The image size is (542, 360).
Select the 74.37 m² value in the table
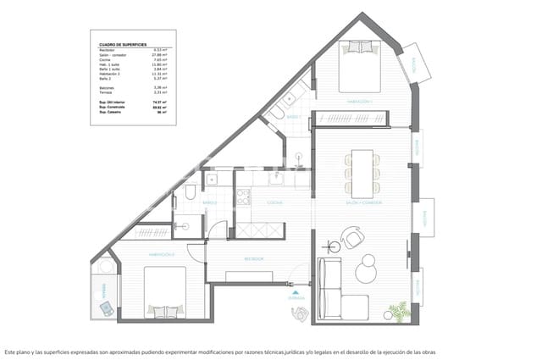pos(157,100)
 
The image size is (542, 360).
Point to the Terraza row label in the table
pos(107,91)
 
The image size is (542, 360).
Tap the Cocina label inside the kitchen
pos(275,203)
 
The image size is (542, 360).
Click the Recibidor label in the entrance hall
pos(255,258)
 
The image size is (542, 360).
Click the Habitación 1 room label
pos(360,101)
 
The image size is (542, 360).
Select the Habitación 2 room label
pos(162,254)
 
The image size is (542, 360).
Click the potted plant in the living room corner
pos(396,311)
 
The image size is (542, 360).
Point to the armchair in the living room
pos(351,239)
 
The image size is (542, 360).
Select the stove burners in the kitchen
pos(243,197)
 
